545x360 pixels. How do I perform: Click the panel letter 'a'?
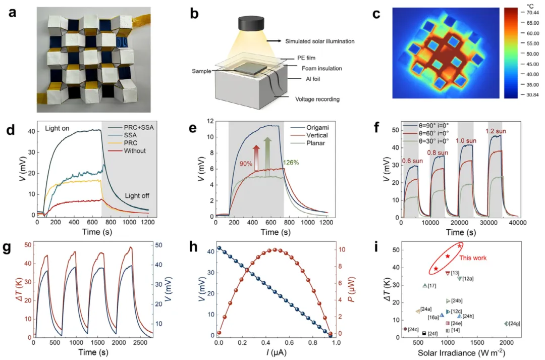click(x=14, y=13)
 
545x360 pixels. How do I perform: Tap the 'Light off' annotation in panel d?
click(x=138, y=194)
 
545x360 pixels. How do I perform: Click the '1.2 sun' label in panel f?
click(x=496, y=131)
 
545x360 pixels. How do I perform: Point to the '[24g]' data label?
click(x=515, y=323)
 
